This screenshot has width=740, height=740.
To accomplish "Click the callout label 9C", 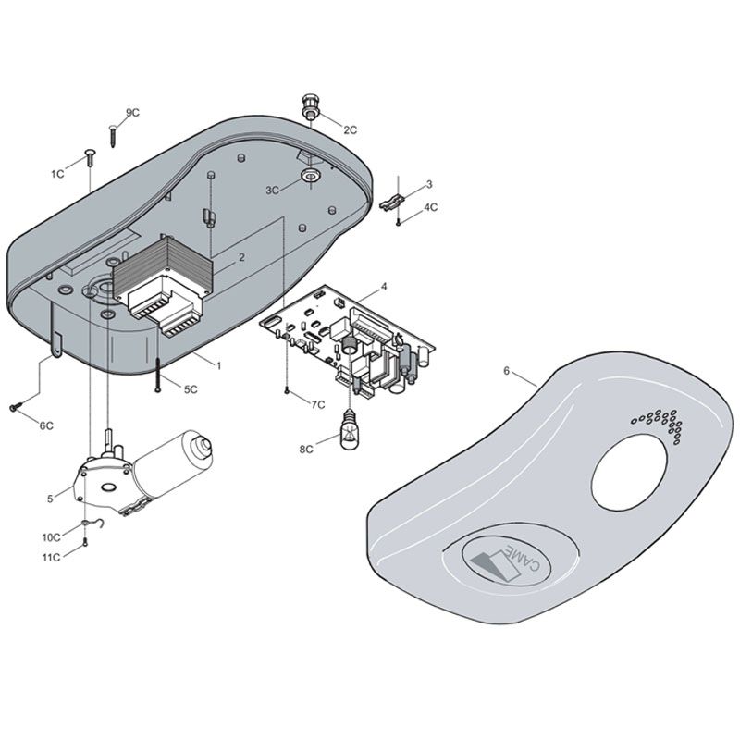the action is (132, 113).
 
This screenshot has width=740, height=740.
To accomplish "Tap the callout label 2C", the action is (351, 129).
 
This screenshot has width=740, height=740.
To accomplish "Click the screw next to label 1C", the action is (89, 157).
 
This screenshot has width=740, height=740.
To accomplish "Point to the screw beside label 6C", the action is (16, 406).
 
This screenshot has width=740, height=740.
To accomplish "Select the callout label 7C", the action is (318, 404).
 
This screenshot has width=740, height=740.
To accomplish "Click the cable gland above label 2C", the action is (310, 107).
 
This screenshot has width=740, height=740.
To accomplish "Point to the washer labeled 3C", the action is (310, 177).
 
